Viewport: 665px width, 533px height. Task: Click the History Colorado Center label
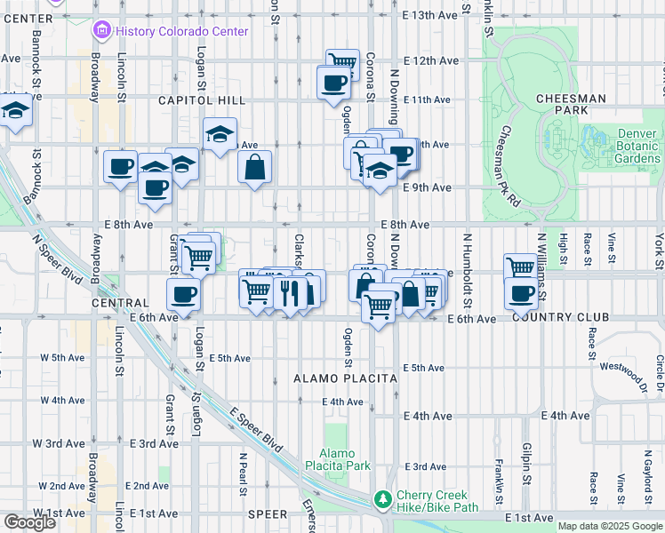click(183, 31)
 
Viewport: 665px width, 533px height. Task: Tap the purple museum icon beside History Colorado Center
click(101, 31)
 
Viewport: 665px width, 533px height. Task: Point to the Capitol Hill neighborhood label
click(195, 100)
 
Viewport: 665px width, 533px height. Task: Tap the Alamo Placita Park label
click(337, 458)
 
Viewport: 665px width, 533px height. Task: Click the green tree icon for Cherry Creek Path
click(382, 500)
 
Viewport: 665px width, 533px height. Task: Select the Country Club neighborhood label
click(560, 317)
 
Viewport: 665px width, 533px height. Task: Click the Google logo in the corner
click(29, 522)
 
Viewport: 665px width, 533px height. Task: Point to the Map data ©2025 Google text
click(609, 526)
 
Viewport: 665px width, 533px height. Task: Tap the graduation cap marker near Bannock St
click(15, 112)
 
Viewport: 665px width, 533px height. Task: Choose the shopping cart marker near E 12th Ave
click(341, 63)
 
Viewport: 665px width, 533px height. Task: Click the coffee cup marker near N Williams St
click(521, 293)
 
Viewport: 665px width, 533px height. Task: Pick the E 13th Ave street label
click(430, 15)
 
